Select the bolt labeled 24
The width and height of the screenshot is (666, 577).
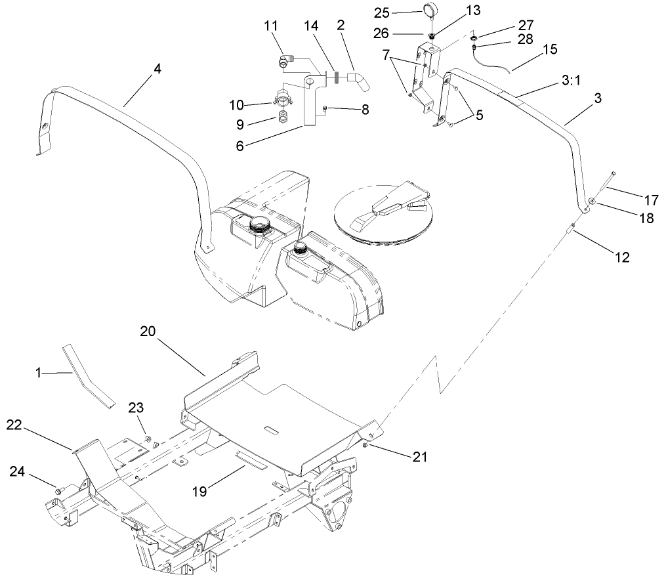point(59,490)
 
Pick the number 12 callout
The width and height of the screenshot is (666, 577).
point(622,258)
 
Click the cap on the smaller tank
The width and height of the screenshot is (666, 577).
point(301,248)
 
